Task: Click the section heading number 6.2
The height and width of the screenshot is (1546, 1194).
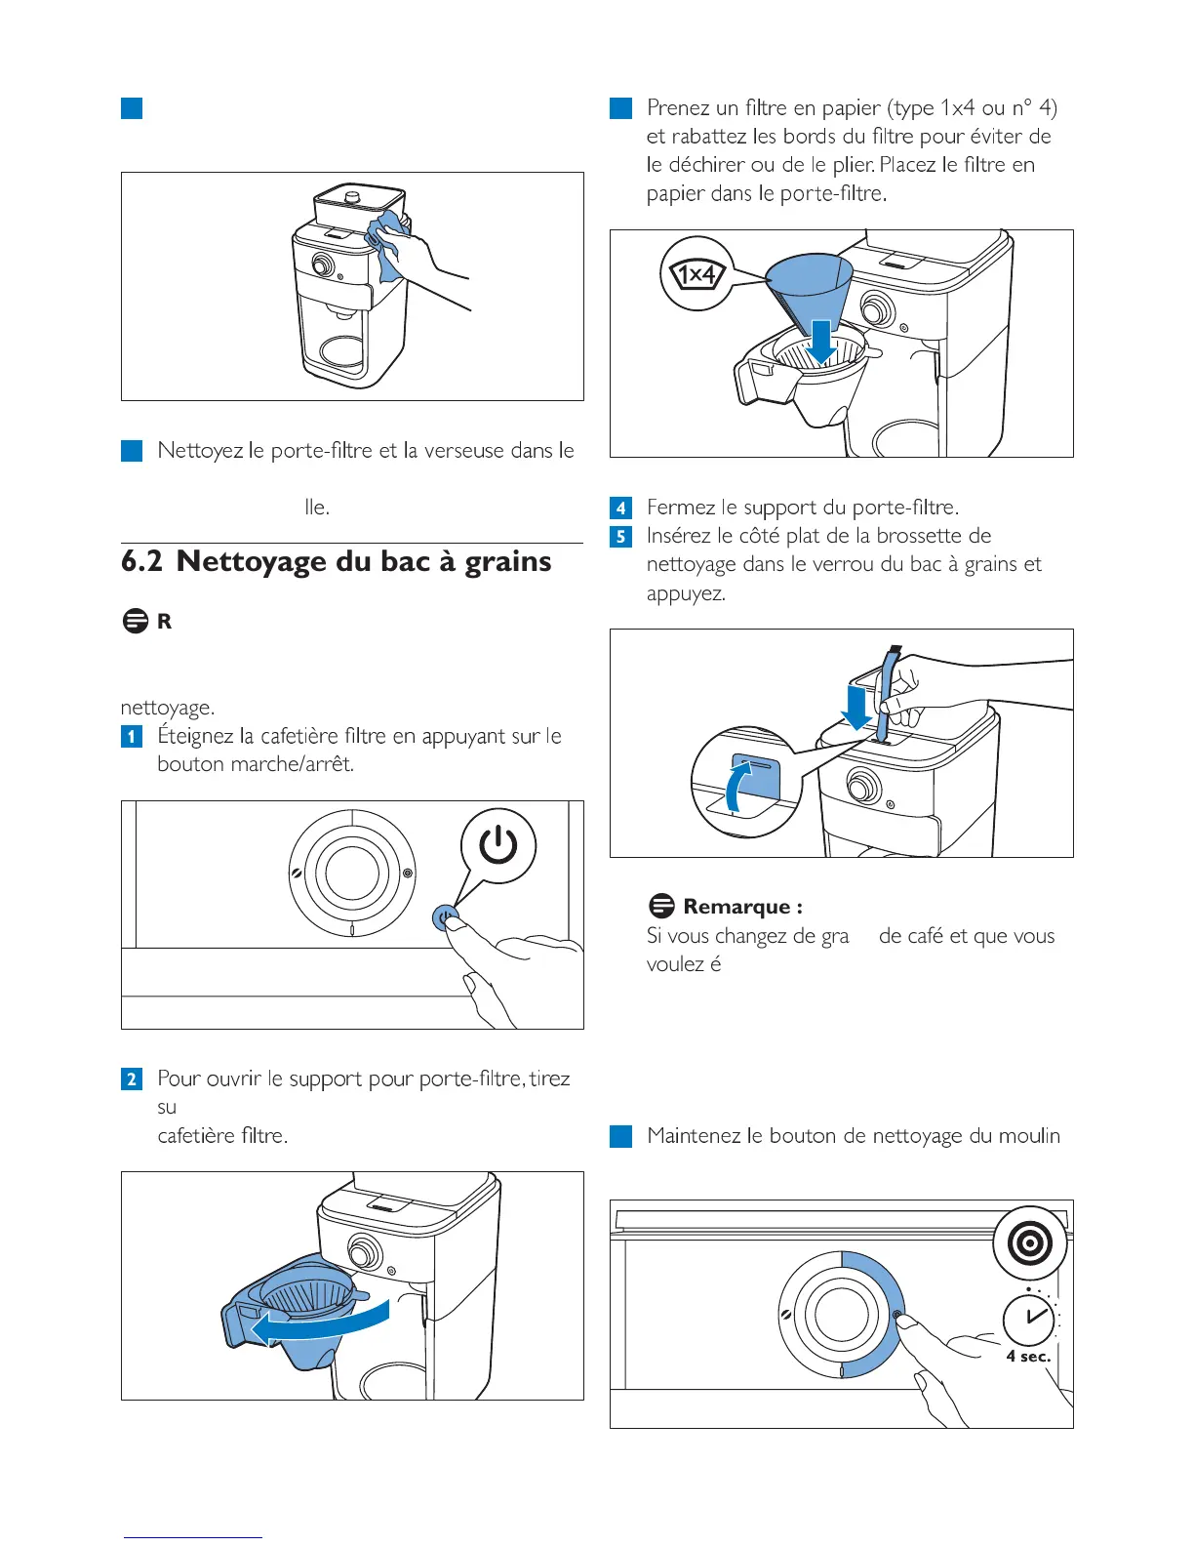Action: coord(142,561)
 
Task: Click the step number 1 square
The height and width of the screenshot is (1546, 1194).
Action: coord(132,736)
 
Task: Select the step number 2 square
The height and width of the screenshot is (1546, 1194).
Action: coord(132,1078)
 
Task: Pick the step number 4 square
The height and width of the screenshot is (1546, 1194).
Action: coord(620,508)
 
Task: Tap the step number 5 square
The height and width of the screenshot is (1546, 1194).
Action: coord(620,536)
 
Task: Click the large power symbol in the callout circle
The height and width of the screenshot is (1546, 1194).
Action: coord(497,845)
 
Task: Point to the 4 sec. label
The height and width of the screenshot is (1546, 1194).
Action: coord(1028,1357)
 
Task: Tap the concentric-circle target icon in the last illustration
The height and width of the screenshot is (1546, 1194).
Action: coord(1030,1244)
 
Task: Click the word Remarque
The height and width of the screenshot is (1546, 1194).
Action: coord(737,907)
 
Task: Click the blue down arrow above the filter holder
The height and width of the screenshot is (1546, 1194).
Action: coord(821,343)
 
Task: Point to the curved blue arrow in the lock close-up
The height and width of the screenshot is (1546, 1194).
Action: coord(738,787)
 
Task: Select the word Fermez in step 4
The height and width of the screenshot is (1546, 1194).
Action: coord(681,508)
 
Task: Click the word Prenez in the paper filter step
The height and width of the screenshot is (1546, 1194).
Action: coord(679,107)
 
